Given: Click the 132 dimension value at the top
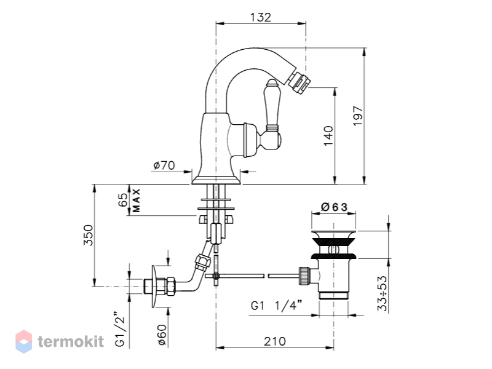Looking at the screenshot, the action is tap(260, 17).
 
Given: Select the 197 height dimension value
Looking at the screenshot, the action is tap(358, 116).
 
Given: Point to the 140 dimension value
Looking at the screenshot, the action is tap(328, 135).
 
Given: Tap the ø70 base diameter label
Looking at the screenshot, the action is tap(164, 165).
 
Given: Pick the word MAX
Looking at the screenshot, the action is tap(136, 200).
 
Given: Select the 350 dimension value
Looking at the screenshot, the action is tap(88, 235).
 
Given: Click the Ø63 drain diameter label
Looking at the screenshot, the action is tap(334, 207).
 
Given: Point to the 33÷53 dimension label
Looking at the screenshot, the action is tap(382, 293).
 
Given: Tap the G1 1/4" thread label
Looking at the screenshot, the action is tap(276, 305).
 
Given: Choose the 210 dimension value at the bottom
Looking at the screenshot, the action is tap(275, 341).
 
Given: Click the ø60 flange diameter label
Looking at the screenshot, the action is tap(162, 335).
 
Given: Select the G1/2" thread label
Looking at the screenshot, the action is tap(121, 329).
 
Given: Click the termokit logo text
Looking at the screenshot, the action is tap(71, 341).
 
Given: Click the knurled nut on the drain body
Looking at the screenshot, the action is tap(304, 276).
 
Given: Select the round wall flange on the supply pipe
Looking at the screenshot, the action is tap(154, 287).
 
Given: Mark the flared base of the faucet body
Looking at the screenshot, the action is tap(216, 180).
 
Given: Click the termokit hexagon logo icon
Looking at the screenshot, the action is tap(24, 341).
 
